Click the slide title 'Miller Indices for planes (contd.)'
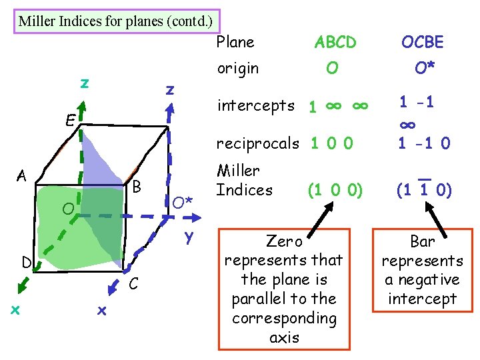point(115,21)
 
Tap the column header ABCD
point(335,43)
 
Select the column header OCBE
point(422,43)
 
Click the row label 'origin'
point(238,69)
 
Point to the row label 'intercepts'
point(256,105)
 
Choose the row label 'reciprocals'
point(258,143)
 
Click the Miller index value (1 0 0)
point(335,190)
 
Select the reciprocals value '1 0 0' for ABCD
point(331,143)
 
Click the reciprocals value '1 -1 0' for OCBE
point(424,143)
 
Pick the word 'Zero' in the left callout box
point(284,240)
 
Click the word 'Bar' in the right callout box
point(422,241)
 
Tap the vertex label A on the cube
point(22,176)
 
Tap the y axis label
point(189,235)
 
